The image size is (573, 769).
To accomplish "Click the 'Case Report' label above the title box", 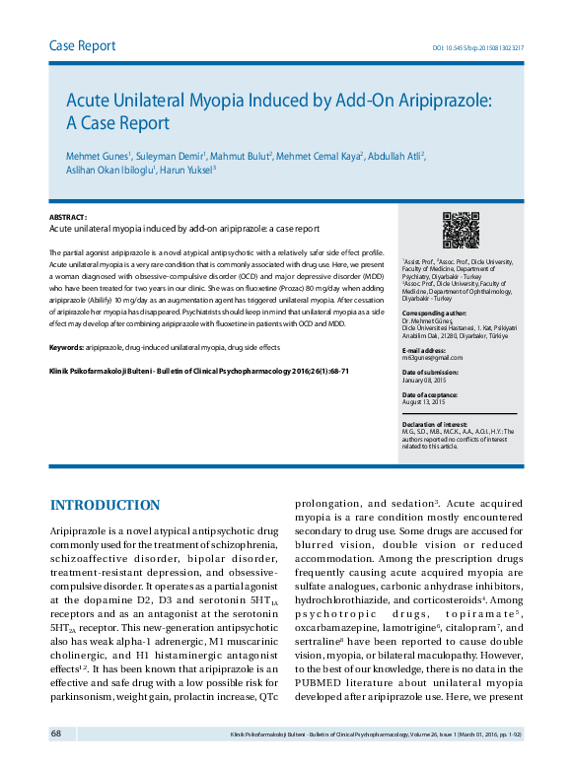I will point(83,46).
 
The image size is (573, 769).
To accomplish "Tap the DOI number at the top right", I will point(478,47).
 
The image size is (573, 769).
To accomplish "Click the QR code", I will point(460,230).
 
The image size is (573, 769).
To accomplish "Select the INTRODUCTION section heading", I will point(105,506).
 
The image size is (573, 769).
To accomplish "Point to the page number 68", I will point(57,734).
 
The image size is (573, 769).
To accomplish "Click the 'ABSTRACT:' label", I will point(68,217).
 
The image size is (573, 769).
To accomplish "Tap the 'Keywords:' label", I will point(67,348).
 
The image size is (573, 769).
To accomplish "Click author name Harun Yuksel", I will point(186,169).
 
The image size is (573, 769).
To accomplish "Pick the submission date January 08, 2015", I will point(425,380).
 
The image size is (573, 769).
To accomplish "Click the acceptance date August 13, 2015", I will point(424,402).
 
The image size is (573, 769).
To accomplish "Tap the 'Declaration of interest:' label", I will point(434,424).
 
